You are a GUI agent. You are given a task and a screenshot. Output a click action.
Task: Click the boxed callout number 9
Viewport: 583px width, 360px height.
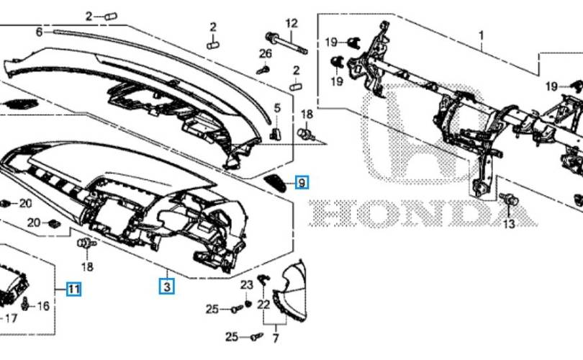pyautogui.click(x=302, y=183)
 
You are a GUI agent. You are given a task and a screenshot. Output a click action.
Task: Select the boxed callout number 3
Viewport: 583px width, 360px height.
pyautogui.click(x=167, y=287)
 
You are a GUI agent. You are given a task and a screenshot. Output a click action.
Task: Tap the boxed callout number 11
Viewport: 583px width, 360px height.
pyautogui.click(x=73, y=289)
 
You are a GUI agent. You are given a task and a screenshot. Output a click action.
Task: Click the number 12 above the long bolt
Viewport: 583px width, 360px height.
pyautogui.click(x=291, y=24)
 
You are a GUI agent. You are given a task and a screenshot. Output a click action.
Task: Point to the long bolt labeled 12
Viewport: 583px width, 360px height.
pyautogui.click(x=286, y=43)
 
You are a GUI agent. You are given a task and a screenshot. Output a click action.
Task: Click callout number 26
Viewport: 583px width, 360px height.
pyautogui.click(x=265, y=54)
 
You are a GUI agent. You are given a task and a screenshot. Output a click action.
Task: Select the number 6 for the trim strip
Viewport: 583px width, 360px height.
pyautogui.click(x=40, y=32)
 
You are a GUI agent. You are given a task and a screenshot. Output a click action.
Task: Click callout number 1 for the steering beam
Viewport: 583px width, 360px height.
pyautogui.click(x=481, y=36)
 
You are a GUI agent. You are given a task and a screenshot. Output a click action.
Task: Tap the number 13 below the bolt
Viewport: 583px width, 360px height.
pyautogui.click(x=508, y=224)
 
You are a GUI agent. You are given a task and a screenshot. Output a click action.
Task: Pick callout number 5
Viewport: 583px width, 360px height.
pyautogui.click(x=277, y=108)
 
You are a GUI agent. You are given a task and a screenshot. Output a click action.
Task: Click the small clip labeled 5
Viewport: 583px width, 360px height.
pyautogui.click(x=275, y=133)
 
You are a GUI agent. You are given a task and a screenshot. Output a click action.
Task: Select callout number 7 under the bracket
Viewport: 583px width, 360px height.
pyautogui.click(x=276, y=338)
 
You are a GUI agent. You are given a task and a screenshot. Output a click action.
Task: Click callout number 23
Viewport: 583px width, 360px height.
pyautogui.click(x=246, y=285)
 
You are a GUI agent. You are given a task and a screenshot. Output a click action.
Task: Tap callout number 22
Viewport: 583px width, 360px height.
pyautogui.click(x=263, y=305)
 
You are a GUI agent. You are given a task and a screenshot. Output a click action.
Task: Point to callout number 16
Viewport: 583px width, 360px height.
pyautogui.click(x=43, y=306)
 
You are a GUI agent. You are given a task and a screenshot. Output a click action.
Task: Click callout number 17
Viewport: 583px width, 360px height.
pyautogui.click(x=11, y=318)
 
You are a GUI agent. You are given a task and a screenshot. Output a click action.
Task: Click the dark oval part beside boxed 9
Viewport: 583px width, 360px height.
pyautogui.click(x=276, y=183)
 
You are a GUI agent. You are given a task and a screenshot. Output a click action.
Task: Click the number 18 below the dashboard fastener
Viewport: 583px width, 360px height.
pyautogui.click(x=87, y=266)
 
